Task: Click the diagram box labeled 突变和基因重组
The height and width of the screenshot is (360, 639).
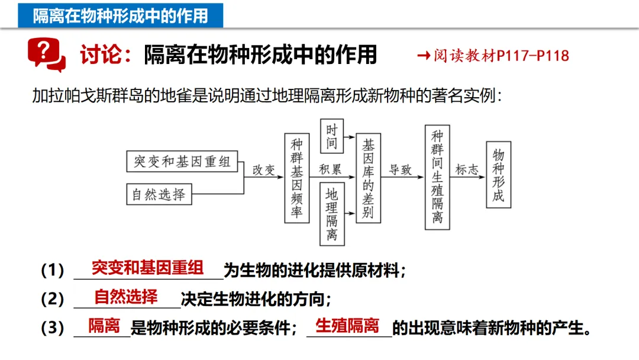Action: click(182, 161)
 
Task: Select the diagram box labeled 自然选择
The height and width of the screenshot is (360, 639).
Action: click(159, 194)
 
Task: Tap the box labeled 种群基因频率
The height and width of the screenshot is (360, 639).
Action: click(297, 178)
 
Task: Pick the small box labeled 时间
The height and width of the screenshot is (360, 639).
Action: click(331, 136)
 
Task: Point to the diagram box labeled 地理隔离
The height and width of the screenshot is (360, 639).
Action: click(331, 214)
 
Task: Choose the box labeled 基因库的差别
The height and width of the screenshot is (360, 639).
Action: click(368, 178)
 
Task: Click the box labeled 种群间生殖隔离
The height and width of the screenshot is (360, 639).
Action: click(437, 177)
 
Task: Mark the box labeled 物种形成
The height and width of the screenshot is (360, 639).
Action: click(498, 175)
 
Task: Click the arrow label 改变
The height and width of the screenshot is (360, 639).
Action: click(264, 170)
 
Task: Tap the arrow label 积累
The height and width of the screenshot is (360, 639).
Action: click(331, 169)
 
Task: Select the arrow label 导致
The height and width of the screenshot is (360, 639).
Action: click(400, 170)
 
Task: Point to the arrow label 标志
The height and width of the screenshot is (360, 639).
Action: click(466, 170)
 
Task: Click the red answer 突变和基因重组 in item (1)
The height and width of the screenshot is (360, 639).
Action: click(147, 268)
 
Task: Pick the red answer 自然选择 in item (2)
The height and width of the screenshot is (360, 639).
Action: click(126, 296)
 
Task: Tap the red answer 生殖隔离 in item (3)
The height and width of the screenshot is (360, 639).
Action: click(347, 325)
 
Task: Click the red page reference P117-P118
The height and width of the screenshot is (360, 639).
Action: click(532, 56)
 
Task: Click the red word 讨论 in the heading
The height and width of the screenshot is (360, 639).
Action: click(97, 55)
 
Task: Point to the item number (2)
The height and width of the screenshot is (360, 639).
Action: click(53, 299)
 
